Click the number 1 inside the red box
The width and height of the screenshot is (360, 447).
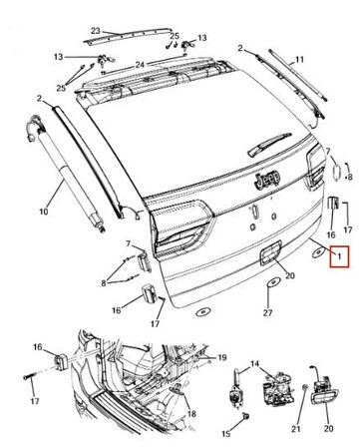coord(340,258)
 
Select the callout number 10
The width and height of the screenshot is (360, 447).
coord(43,213)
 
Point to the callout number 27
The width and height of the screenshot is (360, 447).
coord(267,314)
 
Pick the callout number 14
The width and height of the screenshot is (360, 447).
coord(253,365)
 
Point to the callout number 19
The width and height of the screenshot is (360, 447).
coord(223,355)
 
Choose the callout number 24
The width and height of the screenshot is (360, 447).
coord(141,65)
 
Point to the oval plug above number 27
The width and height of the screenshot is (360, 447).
coord(269,292)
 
